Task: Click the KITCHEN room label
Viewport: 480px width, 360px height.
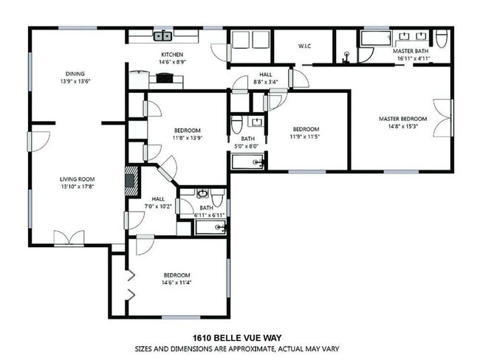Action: click(x=172, y=55)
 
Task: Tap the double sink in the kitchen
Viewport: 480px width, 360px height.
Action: click(x=163, y=35)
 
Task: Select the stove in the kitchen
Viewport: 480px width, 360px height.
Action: click(x=162, y=80)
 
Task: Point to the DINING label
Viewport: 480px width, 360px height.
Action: click(x=75, y=74)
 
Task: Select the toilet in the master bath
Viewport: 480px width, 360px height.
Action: click(x=440, y=38)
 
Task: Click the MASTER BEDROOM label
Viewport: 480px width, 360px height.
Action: click(x=402, y=119)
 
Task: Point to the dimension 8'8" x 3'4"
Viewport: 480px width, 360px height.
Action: click(x=266, y=82)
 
